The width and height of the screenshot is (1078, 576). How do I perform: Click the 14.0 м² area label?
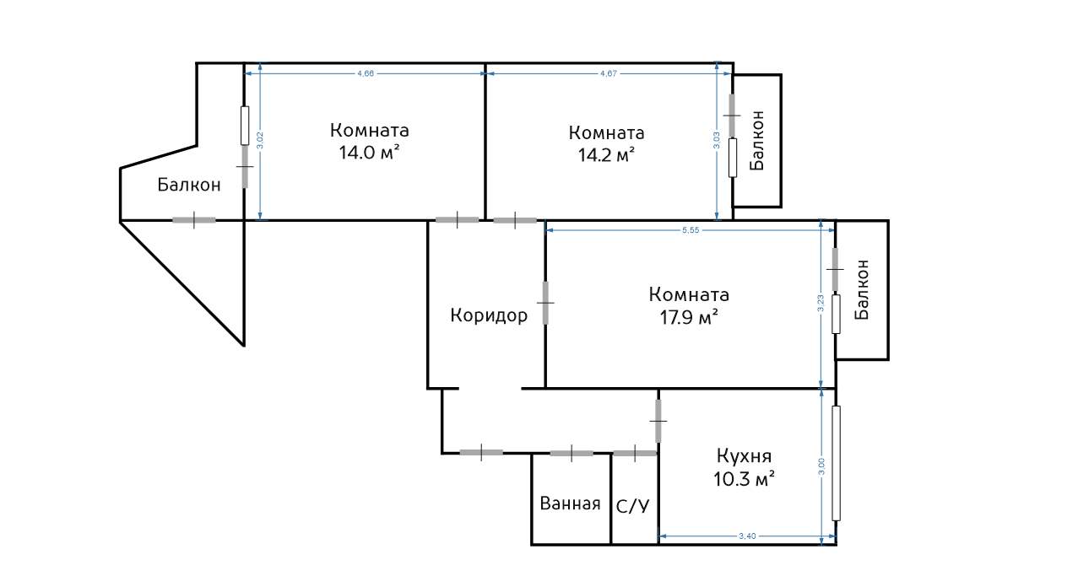(369, 153)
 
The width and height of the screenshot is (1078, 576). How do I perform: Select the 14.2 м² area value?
(606, 155)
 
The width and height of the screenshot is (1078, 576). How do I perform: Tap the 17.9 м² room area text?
(689, 318)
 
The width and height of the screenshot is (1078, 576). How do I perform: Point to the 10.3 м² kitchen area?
(744, 479)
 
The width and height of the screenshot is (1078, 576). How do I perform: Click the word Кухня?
(744, 455)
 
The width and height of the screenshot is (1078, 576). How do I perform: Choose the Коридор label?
(489, 315)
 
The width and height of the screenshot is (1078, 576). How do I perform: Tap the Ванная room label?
(571, 503)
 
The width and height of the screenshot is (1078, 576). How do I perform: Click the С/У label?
(633, 506)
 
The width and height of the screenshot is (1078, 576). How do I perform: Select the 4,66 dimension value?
(366, 73)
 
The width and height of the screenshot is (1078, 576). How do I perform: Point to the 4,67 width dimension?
(609, 73)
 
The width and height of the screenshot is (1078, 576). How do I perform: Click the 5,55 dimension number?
(691, 230)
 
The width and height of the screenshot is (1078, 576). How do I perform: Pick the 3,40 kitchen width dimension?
(747, 536)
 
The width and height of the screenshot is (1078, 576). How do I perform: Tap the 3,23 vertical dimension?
(821, 303)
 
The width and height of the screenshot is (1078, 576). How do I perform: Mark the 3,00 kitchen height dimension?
(821, 466)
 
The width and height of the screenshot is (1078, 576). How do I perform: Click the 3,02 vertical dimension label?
(260, 140)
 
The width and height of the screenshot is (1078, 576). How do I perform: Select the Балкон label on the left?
(189, 185)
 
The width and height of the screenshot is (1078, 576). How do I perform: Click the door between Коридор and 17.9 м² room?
(545, 303)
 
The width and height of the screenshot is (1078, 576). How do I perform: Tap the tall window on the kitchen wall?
(837, 463)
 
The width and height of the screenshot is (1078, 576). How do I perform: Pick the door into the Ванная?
(572, 453)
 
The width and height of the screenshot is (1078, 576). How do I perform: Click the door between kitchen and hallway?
(658, 421)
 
